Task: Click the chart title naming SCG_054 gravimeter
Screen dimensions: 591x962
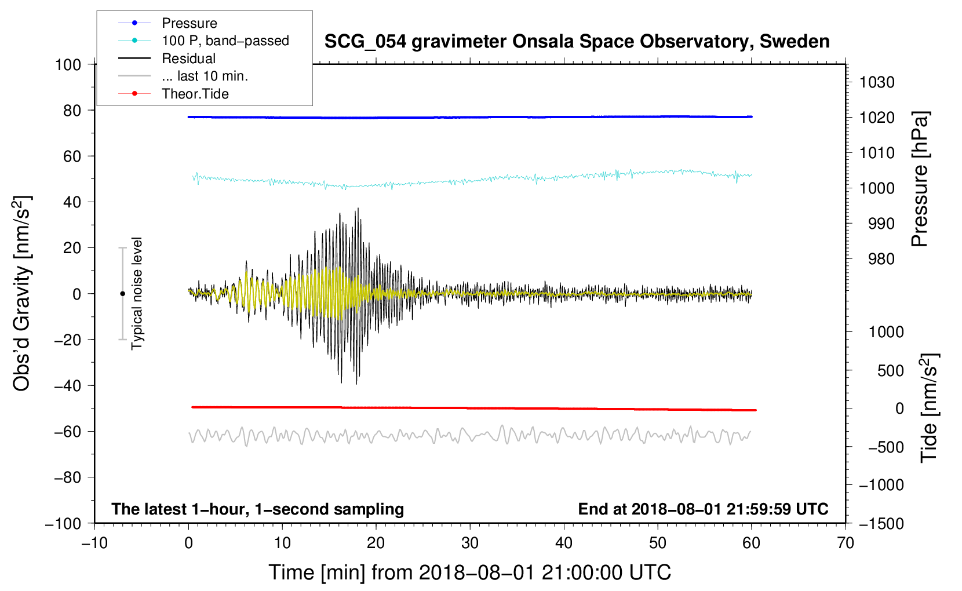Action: pos(577,42)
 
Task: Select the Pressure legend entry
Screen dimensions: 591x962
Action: pos(189,23)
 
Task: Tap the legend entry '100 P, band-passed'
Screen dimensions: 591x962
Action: pos(225,41)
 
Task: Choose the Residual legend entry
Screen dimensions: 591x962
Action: pos(188,59)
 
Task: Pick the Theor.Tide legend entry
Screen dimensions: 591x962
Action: pos(195,94)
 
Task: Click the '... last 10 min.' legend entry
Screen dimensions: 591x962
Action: pos(205,76)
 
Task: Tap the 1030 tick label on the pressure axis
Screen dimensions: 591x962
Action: pos(876,82)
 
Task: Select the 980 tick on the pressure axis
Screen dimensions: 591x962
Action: pos(881,259)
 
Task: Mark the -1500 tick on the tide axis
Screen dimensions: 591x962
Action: pos(881,524)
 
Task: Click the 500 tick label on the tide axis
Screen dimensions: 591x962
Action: pos(890,370)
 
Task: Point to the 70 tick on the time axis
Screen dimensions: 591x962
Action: pos(846,543)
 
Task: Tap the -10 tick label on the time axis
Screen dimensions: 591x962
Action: pos(94,543)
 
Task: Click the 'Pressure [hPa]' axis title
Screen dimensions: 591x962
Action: pos(920,179)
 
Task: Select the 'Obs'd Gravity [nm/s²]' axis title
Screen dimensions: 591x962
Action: pos(22,294)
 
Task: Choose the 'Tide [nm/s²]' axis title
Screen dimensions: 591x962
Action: pos(929,408)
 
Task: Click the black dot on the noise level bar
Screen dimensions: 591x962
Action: pos(122,294)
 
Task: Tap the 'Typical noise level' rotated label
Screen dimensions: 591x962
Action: pos(137,294)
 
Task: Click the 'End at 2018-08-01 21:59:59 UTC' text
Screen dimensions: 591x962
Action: pos(703,509)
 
